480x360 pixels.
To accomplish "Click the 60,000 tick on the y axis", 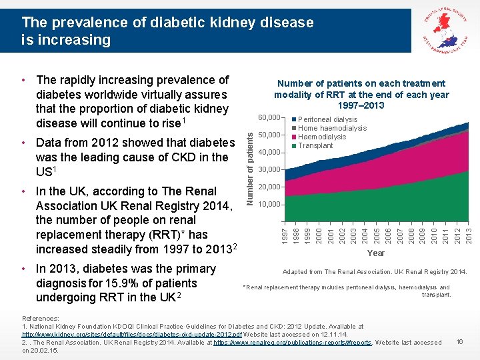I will [269, 118].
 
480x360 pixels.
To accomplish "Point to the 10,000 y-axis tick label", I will [269, 204].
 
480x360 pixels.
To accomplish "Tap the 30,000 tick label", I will [269, 169].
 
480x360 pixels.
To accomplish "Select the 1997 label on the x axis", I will [285, 234].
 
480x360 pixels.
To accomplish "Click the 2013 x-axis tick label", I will [468, 234].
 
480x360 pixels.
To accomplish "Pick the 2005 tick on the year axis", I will [377, 234].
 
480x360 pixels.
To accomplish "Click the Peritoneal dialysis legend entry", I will [327, 120].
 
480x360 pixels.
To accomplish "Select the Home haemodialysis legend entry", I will [331, 129].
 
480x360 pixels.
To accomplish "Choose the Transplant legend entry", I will [315, 145].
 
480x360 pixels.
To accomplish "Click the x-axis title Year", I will [376, 253].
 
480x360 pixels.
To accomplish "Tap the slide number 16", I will [459, 341].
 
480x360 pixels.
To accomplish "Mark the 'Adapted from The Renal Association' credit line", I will [374, 272].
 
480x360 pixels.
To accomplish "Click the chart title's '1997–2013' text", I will [361, 105].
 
